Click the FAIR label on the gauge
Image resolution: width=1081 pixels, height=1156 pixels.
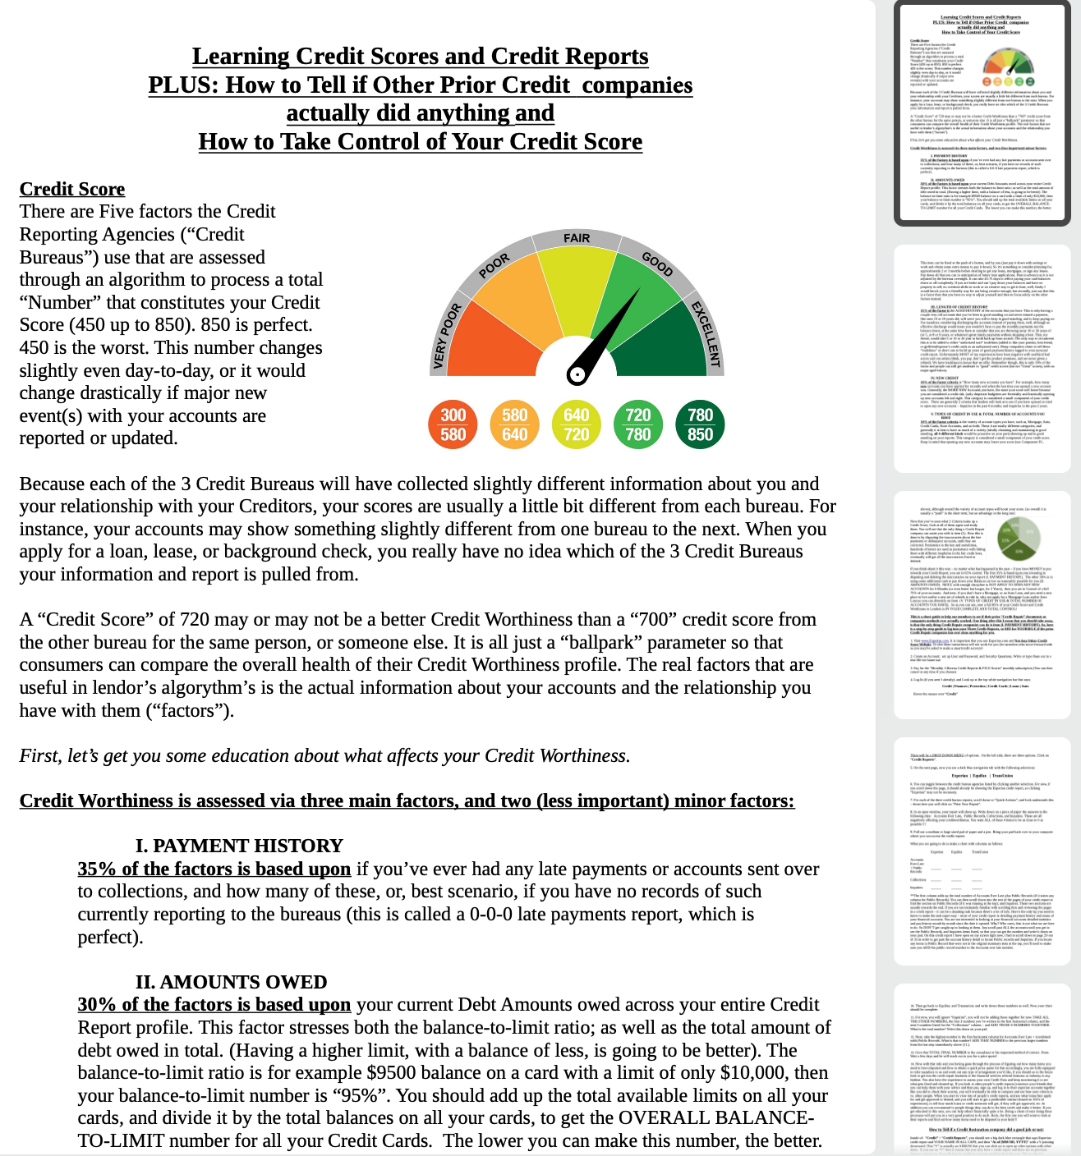click(577, 238)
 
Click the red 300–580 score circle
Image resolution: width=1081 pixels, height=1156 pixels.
click(453, 424)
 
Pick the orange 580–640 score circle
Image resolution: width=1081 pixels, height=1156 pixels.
click(514, 424)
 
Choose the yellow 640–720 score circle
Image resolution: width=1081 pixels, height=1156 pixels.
click(576, 424)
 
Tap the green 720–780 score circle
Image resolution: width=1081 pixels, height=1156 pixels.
click(637, 424)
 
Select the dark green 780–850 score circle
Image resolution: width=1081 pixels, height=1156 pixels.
click(700, 424)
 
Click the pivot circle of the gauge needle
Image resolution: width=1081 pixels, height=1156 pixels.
click(577, 374)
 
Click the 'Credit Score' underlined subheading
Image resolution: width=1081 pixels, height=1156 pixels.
click(72, 189)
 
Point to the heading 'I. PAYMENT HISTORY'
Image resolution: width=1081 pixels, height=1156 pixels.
click(239, 846)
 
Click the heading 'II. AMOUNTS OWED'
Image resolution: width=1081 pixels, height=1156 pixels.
click(231, 982)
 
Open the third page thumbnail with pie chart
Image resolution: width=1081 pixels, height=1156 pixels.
click(982, 603)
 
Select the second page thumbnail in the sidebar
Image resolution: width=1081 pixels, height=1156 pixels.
click(982, 356)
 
